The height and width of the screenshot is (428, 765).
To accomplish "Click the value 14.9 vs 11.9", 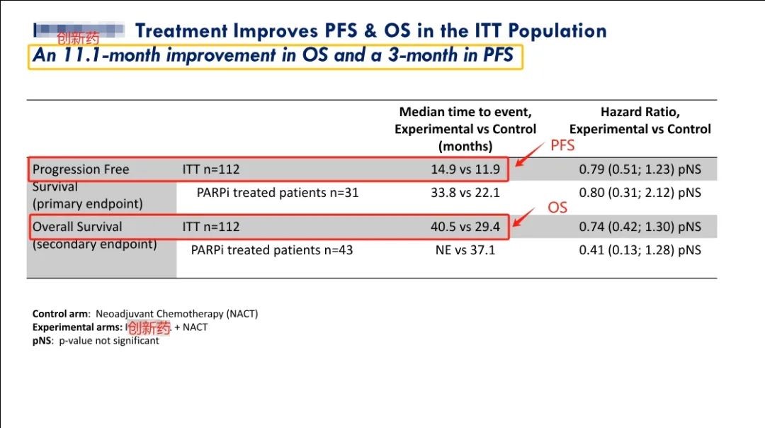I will (465, 170).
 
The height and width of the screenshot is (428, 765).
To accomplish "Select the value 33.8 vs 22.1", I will (465, 193).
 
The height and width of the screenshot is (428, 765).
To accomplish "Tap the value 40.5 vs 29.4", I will (465, 227).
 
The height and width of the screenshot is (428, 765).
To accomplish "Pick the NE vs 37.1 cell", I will (465, 250).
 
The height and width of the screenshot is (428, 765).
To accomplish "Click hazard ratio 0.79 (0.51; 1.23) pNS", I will (640, 170).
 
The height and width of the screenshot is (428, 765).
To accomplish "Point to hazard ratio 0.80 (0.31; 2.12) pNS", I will (640, 193).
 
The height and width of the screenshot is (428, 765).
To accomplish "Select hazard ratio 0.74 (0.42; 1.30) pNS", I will (640, 227).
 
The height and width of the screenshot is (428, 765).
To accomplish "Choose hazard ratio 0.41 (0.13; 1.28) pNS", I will (640, 250).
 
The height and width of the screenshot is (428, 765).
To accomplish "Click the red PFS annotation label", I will (562, 146).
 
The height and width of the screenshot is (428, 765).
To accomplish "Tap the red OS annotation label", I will (557, 208).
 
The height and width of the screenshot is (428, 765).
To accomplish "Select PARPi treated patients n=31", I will (278, 193).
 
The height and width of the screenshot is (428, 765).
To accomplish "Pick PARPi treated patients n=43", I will (272, 250).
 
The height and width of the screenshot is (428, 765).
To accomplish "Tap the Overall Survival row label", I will (77, 227).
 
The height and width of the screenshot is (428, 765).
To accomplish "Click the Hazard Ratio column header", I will (640, 120).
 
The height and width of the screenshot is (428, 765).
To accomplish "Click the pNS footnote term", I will (42, 341).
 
